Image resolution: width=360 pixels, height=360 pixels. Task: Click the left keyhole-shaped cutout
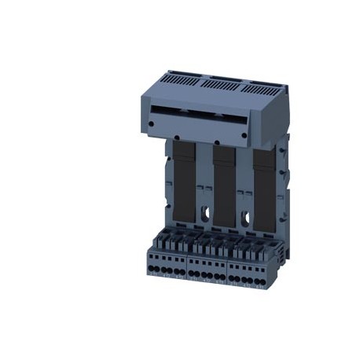point(203,213)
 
